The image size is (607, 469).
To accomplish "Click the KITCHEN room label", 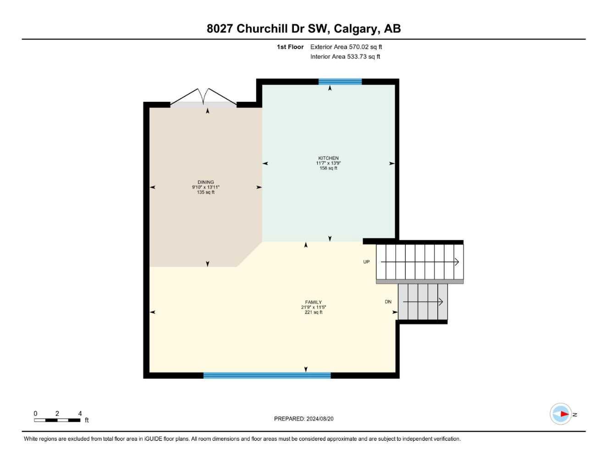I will click(x=328, y=158).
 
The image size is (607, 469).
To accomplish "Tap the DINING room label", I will click(x=206, y=182).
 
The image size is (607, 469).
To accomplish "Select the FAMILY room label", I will click(x=314, y=302).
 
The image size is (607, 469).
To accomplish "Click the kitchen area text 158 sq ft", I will click(x=328, y=168).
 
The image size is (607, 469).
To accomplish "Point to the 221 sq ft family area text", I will click(x=314, y=312).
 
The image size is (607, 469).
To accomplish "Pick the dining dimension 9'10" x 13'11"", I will click(x=206, y=187).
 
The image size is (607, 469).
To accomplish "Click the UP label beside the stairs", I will click(x=366, y=262).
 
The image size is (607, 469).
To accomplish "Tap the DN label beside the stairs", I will click(x=388, y=302).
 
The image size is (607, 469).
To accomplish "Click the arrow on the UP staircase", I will click(x=419, y=262).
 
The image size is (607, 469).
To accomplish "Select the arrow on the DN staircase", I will click(x=423, y=302).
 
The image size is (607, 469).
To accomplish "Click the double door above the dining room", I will click(x=204, y=98).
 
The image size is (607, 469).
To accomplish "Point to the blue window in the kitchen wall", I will click(x=340, y=82).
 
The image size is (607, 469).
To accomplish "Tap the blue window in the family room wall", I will click(x=267, y=375).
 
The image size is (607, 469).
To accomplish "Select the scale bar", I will click(x=57, y=419).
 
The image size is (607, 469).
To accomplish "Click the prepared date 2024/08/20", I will click(x=320, y=419).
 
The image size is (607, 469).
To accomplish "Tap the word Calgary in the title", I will click(x=356, y=28).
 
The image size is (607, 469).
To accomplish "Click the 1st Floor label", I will click(x=290, y=47).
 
